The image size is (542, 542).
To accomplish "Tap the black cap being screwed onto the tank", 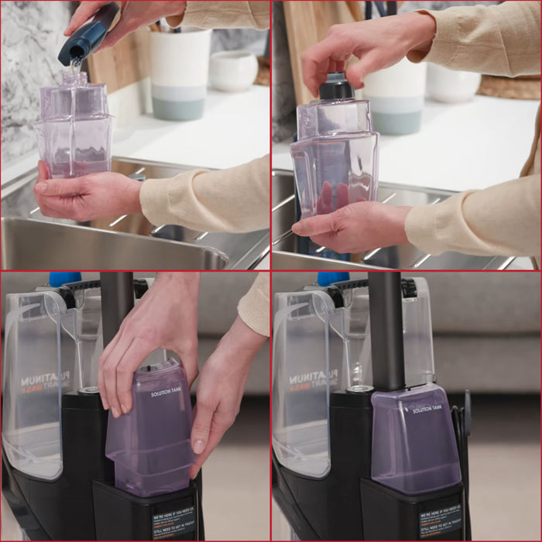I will tap(337, 86).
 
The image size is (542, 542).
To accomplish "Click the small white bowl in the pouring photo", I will tap(233, 70).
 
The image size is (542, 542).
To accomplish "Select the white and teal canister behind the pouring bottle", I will tap(180, 73).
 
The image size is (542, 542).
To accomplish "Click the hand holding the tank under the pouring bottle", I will tap(85, 194).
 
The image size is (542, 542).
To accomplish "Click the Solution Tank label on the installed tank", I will tap(427, 409).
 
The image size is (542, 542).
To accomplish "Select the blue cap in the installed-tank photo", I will tap(333, 279).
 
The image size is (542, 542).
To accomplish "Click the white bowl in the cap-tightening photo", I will tap(453, 84).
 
